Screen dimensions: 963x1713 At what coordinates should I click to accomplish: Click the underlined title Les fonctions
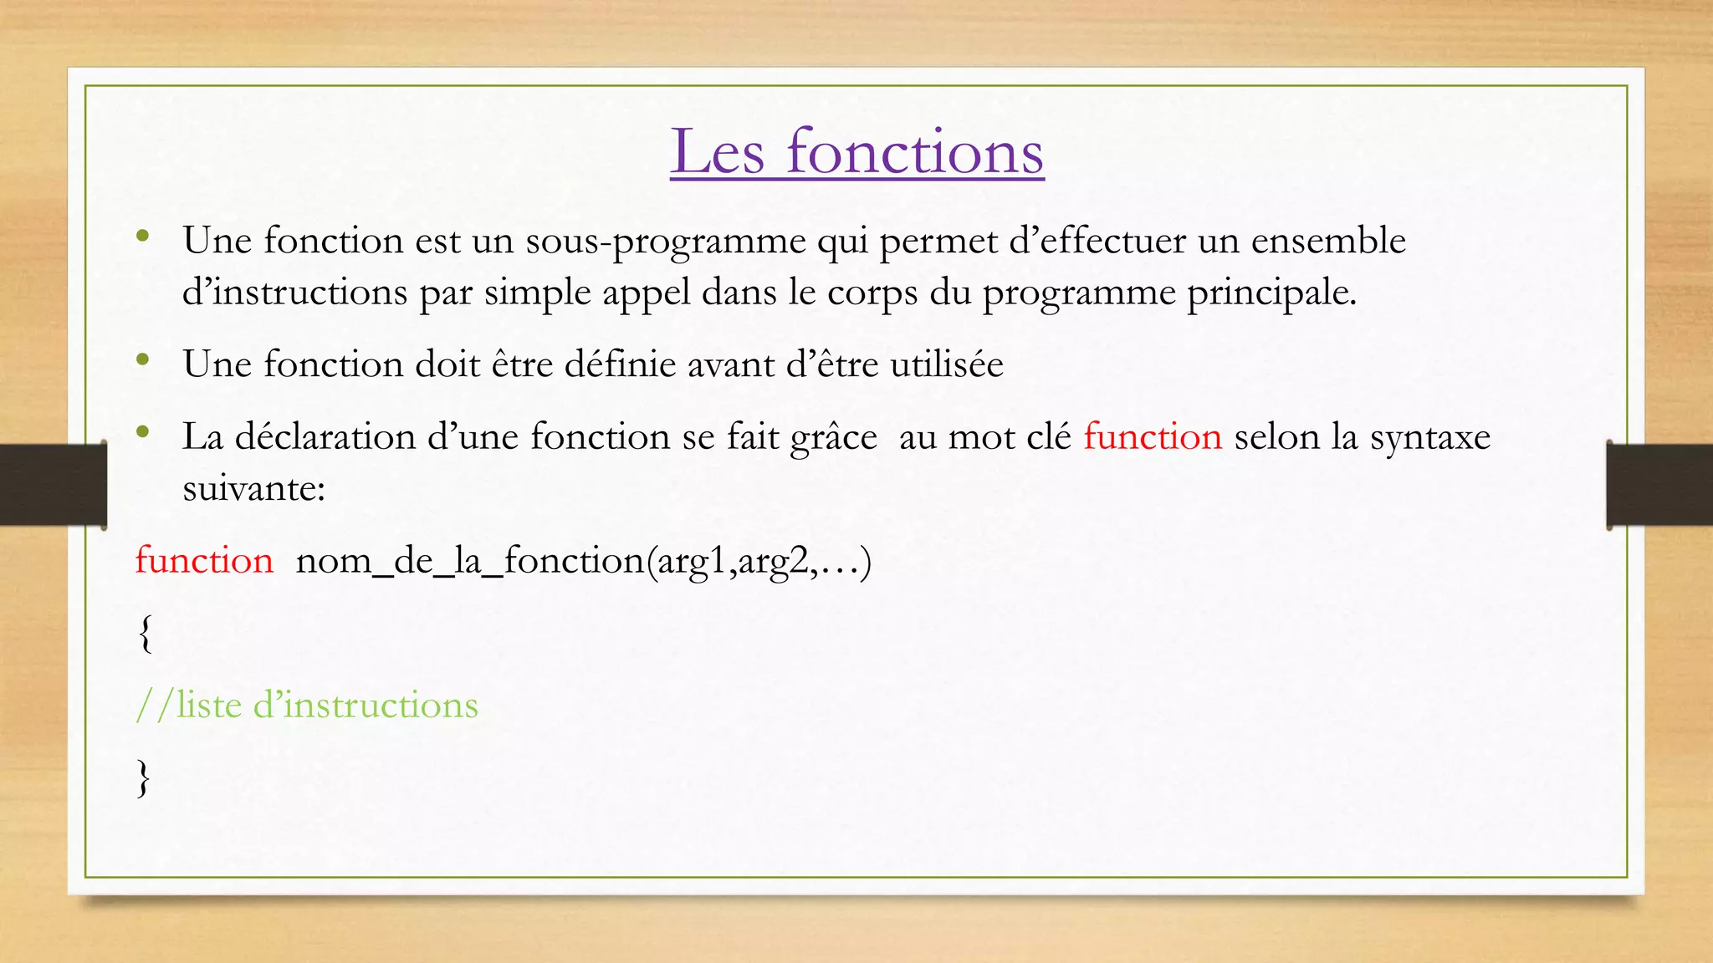click(856, 152)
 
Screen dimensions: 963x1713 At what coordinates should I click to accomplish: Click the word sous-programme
click(665, 242)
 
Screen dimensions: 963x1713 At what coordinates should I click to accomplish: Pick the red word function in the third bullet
click(1153, 437)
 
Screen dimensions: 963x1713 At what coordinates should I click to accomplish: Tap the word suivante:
click(253, 488)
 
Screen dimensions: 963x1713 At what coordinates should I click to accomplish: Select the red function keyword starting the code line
click(204, 560)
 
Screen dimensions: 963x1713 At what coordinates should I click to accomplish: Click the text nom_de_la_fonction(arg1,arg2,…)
click(583, 561)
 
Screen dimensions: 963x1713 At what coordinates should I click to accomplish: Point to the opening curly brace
click(145, 633)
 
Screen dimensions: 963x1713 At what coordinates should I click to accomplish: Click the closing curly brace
click(144, 778)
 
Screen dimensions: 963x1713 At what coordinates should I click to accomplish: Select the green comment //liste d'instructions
click(307, 706)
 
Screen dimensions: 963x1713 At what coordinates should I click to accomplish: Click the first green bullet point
click(143, 236)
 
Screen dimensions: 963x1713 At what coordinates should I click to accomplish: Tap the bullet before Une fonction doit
click(143, 360)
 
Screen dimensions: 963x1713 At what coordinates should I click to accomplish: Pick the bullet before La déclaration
click(143, 432)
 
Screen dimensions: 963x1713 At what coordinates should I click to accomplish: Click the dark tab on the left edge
click(53, 485)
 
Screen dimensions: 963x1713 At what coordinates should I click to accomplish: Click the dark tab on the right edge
click(1659, 485)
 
